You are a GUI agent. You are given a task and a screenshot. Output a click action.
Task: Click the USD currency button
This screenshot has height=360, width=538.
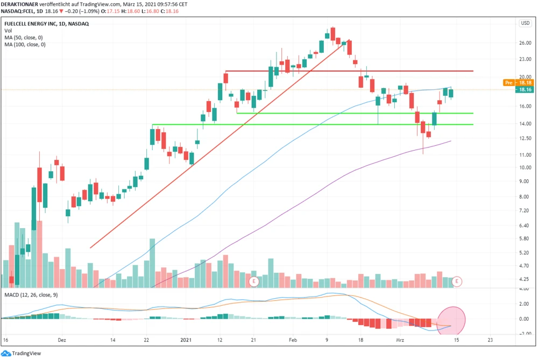point(525,23)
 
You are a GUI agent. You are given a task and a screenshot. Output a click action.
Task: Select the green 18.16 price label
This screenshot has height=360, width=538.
point(525,90)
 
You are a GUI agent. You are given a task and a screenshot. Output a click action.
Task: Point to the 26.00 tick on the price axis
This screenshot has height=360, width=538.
point(525,43)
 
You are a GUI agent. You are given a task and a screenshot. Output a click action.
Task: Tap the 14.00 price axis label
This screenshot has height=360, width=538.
point(525,124)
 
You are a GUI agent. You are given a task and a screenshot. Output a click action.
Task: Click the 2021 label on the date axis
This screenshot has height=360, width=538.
point(186,340)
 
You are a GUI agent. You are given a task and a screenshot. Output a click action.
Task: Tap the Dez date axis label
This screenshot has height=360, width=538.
point(62,340)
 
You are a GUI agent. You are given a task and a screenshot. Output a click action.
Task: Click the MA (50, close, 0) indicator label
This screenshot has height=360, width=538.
point(25,38)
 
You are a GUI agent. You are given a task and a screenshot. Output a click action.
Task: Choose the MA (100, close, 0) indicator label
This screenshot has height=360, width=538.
point(26,45)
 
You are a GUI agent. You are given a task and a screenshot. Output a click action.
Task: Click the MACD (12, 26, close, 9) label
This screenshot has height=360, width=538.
point(31,295)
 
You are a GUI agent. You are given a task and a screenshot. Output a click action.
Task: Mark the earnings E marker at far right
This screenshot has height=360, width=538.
point(457,281)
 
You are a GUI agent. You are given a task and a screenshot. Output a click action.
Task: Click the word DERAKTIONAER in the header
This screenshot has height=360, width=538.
point(20,4)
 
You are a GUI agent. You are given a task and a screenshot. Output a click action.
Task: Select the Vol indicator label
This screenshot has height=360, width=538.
point(8,31)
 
